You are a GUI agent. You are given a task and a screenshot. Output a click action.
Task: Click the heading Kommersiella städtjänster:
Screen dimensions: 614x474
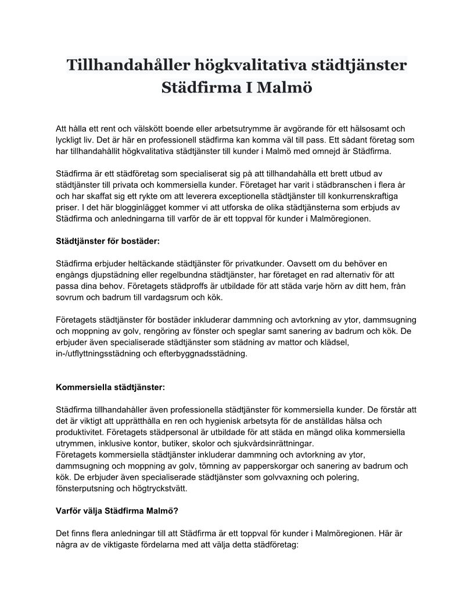[110, 387]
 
